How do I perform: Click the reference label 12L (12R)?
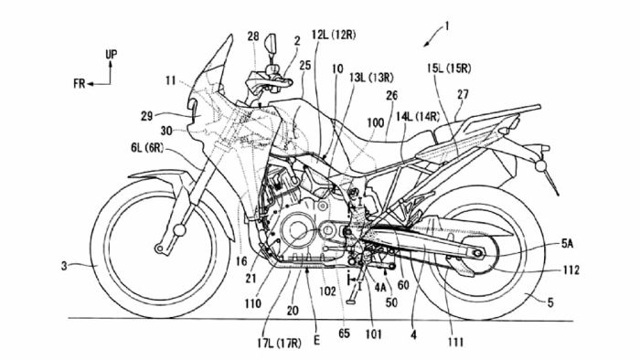click(x=334, y=35)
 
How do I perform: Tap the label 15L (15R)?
click(x=449, y=69)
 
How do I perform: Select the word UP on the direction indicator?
click(x=111, y=54)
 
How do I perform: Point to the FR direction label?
click(x=80, y=83)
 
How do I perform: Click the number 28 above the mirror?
click(x=253, y=37)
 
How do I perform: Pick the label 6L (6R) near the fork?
click(x=147, y=148)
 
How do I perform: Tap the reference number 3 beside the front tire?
click(x=64, y=266)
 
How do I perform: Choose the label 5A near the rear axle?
click(x=568, y=244)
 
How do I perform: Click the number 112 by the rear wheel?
click(x=571, y=270)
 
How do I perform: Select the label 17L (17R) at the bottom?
click(x=279, y=344)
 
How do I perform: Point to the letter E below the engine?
click(x=316, y=341)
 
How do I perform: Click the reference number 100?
click(x=376, y=122)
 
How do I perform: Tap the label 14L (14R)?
click(x=418, y=117)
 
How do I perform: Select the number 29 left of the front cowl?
click(x=146, y=116)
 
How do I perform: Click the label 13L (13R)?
click(x=371, y=78)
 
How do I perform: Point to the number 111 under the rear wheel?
click(x=455, y=342)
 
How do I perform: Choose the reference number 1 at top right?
click(x=447, y=26)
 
